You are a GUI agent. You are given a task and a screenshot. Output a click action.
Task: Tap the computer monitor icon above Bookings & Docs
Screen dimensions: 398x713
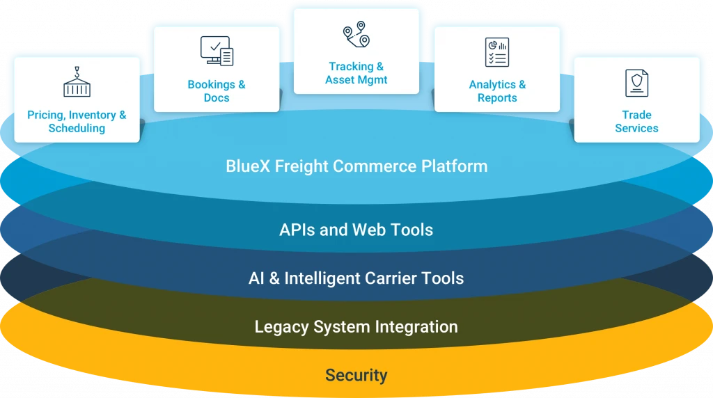217,51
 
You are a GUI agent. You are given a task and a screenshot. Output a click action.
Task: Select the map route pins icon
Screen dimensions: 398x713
356,34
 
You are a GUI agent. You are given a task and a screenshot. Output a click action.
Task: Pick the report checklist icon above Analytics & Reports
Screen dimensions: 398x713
496,52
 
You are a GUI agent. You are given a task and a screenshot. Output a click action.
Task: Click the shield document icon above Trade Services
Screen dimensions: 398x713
636,83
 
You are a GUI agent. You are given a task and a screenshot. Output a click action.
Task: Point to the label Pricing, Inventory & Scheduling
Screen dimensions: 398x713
77,122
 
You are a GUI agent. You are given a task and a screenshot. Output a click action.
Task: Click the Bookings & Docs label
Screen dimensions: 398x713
217,91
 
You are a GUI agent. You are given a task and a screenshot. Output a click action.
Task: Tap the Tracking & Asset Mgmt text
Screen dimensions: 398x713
356,73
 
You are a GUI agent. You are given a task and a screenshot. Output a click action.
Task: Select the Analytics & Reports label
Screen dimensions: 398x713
497,91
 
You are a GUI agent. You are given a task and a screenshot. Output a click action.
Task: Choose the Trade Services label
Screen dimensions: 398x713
636,122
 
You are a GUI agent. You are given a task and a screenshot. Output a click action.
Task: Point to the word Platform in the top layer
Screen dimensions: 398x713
455,167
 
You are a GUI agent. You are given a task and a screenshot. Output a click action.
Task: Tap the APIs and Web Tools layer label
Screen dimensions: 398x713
356,230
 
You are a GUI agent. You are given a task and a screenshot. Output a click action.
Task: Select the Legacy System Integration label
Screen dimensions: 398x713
356,327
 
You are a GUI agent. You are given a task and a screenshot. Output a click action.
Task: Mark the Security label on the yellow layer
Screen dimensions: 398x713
356,376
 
